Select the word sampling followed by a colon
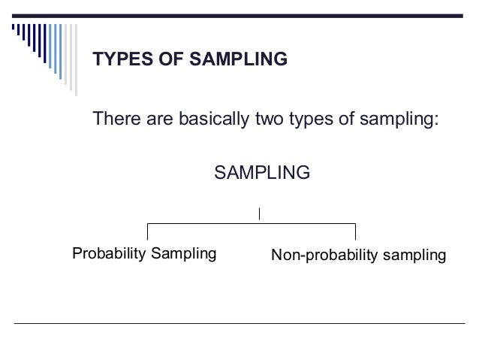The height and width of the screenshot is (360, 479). [x=400, y=120]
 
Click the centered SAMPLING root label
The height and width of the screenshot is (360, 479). [x=262, y=174]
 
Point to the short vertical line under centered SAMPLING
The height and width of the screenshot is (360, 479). [x=259, y=213]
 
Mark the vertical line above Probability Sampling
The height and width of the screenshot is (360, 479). [x=147, y=232]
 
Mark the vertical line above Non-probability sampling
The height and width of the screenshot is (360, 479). [x=355, y=232]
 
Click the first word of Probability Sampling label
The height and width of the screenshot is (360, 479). [x=108, y=254]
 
